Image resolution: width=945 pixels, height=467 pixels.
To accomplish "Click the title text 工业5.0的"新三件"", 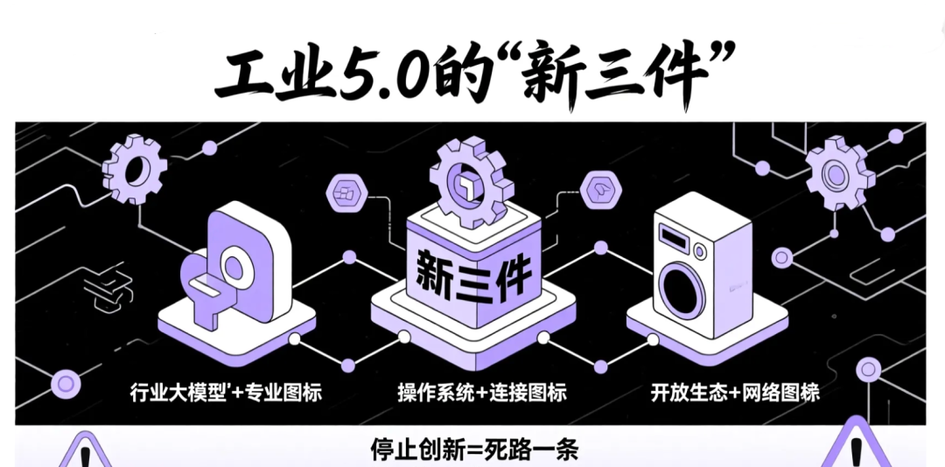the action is click(x=473, y=74).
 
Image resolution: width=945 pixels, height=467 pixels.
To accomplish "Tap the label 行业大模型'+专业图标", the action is click(x=226, y=392).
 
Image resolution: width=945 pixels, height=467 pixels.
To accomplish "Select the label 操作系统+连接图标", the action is click(x=481, y=392).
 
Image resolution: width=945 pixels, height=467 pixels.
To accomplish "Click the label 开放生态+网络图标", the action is click(x=735, y=392).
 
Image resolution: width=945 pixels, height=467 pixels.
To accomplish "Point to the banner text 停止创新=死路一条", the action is click(x=473, y=450).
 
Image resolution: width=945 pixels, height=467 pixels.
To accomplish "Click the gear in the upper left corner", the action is click(x=135, y=170).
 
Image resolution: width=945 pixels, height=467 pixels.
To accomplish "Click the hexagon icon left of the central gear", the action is click(x=346, y=192).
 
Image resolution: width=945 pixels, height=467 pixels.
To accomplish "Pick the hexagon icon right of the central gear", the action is click(x=601, y=189).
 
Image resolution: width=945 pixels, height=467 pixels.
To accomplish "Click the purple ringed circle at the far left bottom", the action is click(x=64, y=382).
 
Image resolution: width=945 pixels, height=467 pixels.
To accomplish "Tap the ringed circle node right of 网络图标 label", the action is click(x=866, y=370).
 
